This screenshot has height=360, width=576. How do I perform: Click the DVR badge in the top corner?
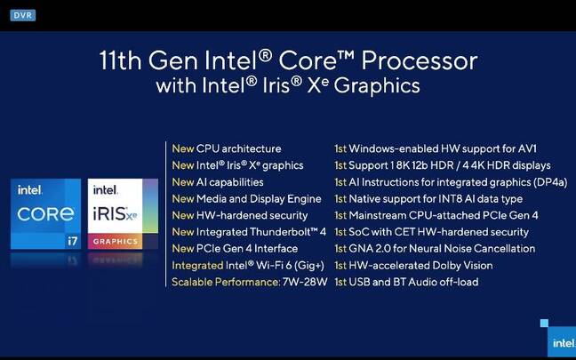23,15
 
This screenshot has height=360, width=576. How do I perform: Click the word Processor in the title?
420,60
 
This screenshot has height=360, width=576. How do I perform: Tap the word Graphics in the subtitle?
377,85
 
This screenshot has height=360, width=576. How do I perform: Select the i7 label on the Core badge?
72,241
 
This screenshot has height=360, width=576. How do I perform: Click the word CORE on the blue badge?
45,214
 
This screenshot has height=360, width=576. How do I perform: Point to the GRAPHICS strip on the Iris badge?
116,242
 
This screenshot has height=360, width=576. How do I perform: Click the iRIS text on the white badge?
109,214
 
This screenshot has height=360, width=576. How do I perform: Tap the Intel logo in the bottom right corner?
563,343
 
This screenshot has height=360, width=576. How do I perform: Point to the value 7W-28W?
305,282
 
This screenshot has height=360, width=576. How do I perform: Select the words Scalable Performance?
226,282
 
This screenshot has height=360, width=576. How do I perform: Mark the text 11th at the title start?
121,60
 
